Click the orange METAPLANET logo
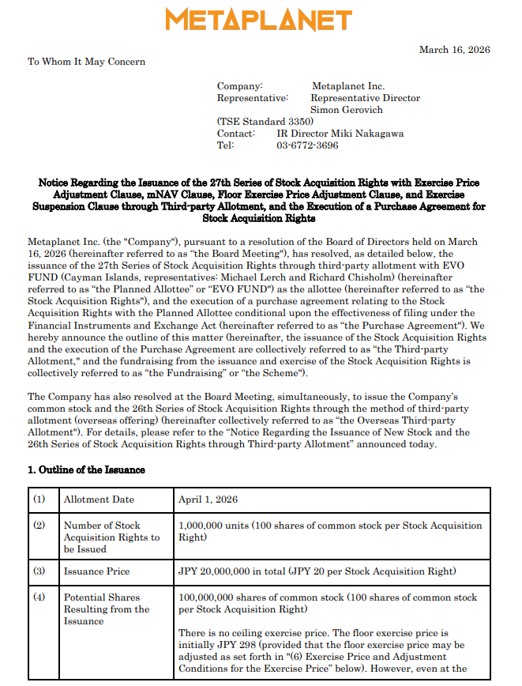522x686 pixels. coord(258,20)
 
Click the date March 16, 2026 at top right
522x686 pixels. coord(454,50)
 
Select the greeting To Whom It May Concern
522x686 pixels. coord(87,62)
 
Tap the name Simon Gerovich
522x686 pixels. coord(347,110)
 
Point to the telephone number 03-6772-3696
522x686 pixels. coord(307,145)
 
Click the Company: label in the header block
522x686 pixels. coord(240,86)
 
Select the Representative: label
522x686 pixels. coord(253,98)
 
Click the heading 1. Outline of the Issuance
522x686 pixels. coord(86,469)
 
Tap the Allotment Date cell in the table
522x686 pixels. coord(99,499)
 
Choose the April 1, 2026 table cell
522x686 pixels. coord(208,499)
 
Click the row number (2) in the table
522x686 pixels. coord(39,526)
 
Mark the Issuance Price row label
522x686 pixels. coord(96,571)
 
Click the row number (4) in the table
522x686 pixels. coord(39,597)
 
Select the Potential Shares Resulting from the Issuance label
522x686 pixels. coord(107,609)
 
